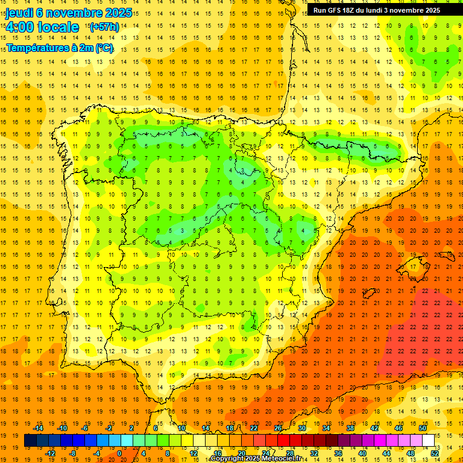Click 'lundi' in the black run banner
point(370,10)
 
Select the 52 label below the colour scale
point(435,453)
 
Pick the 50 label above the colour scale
point(423,427)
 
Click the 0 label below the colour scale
point(119,453)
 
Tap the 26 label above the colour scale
point(278,427)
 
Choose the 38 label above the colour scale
point(350,427)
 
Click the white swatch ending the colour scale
point(429,440)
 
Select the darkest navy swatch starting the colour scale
point(30,440)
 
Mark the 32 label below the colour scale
point(314,453)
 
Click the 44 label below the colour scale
point(386,453)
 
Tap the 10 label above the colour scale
point(181,427)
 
